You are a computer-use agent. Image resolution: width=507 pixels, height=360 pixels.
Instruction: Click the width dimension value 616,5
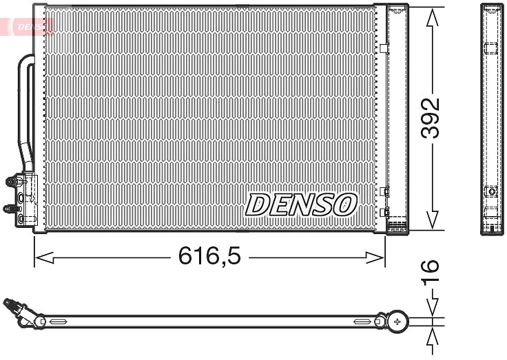tap(209, 256)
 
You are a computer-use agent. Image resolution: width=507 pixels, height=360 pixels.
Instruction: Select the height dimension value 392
tap(431, 118)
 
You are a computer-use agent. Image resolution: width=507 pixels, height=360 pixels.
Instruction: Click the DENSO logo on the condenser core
tap(301, 204)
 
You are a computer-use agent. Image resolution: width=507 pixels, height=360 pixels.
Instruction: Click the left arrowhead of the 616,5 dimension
tap(44, 257)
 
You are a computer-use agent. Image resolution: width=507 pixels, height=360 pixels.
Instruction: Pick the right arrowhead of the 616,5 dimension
tap(375, 257)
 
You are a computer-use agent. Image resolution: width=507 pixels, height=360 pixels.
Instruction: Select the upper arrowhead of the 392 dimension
tap(433, 17)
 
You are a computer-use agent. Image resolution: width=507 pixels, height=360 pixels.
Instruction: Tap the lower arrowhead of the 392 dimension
tap(433, 220)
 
